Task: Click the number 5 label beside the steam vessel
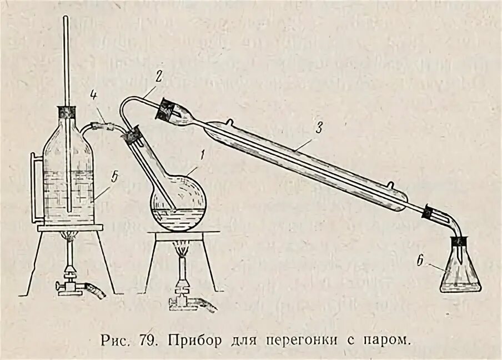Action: coord(114,178)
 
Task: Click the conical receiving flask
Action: coord(460,272)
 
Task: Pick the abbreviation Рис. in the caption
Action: coord(113,338)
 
